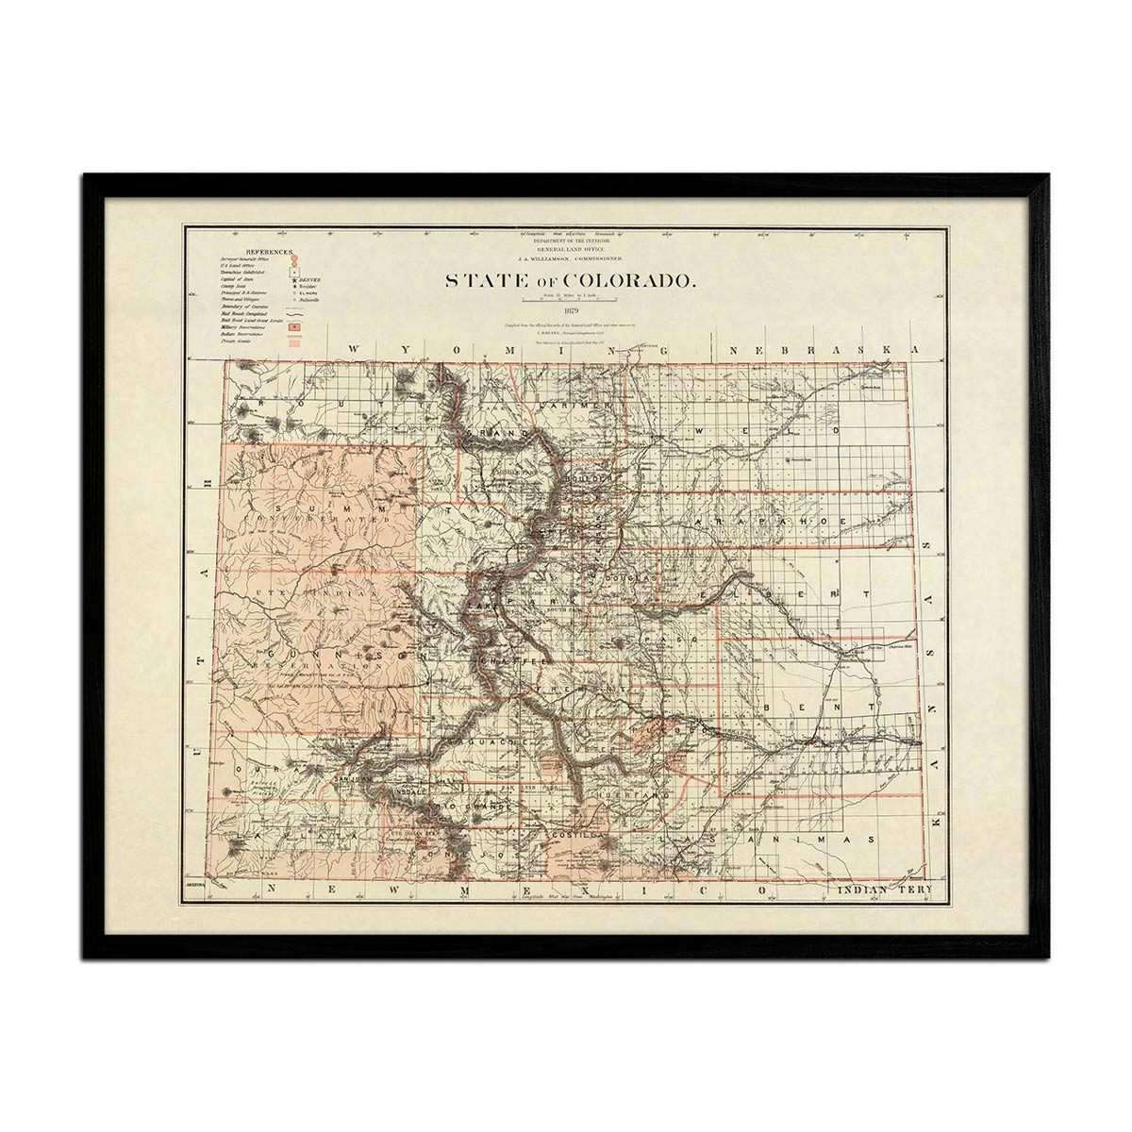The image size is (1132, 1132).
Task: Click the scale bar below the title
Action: (x=569, y=300)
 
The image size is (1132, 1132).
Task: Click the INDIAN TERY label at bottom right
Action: (x=883, y=891)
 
